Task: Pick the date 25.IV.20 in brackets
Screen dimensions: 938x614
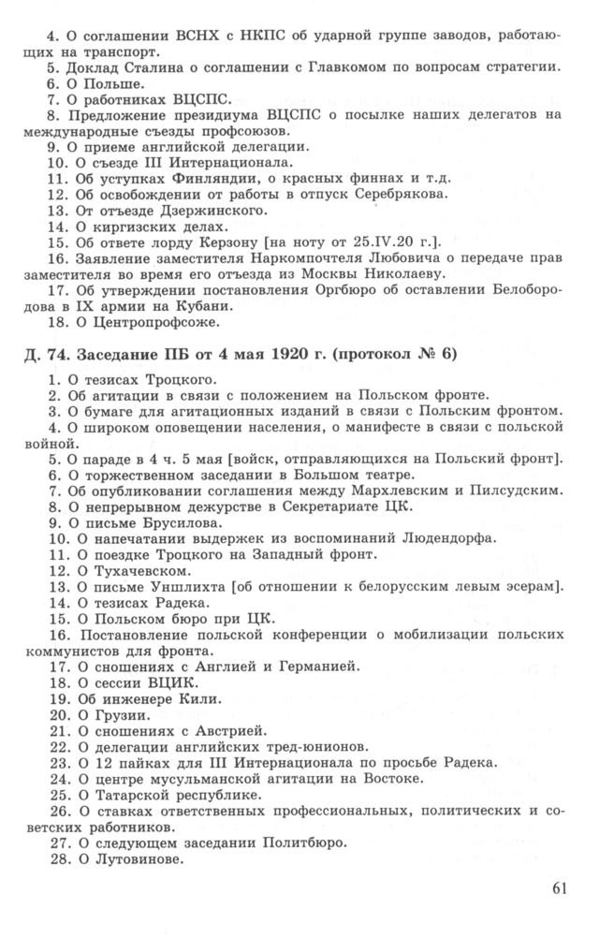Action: pyautogui.click(x=390, y=242)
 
